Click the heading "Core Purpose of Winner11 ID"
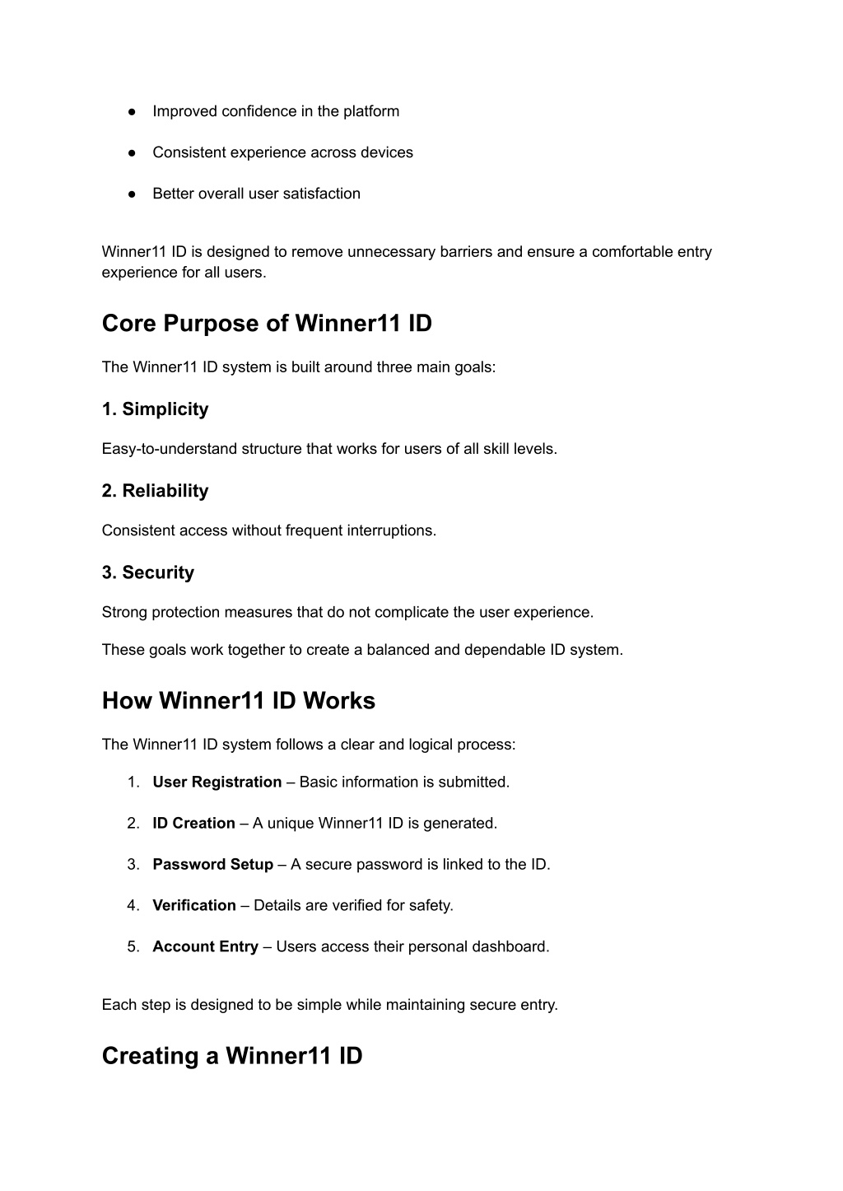(x=267, y=324)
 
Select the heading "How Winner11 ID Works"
(x=238, y=701)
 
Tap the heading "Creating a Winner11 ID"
(x=232, y=1056)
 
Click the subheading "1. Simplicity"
(x=155, y=409)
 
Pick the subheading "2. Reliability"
(x=155, y=491)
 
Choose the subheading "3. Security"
(x=148, y=572)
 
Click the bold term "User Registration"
(x=217, y=782)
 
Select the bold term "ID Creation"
(x=193, y=824)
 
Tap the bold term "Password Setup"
(x=212, y=865)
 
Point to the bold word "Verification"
(x=193, y=906)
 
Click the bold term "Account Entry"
(x=205, y=947)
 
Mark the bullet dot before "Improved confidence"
(x=132, y=112)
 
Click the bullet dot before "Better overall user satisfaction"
(x=132, y=194)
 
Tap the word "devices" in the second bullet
(x=386, y=152)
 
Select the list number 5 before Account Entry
(x=133, y=947)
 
